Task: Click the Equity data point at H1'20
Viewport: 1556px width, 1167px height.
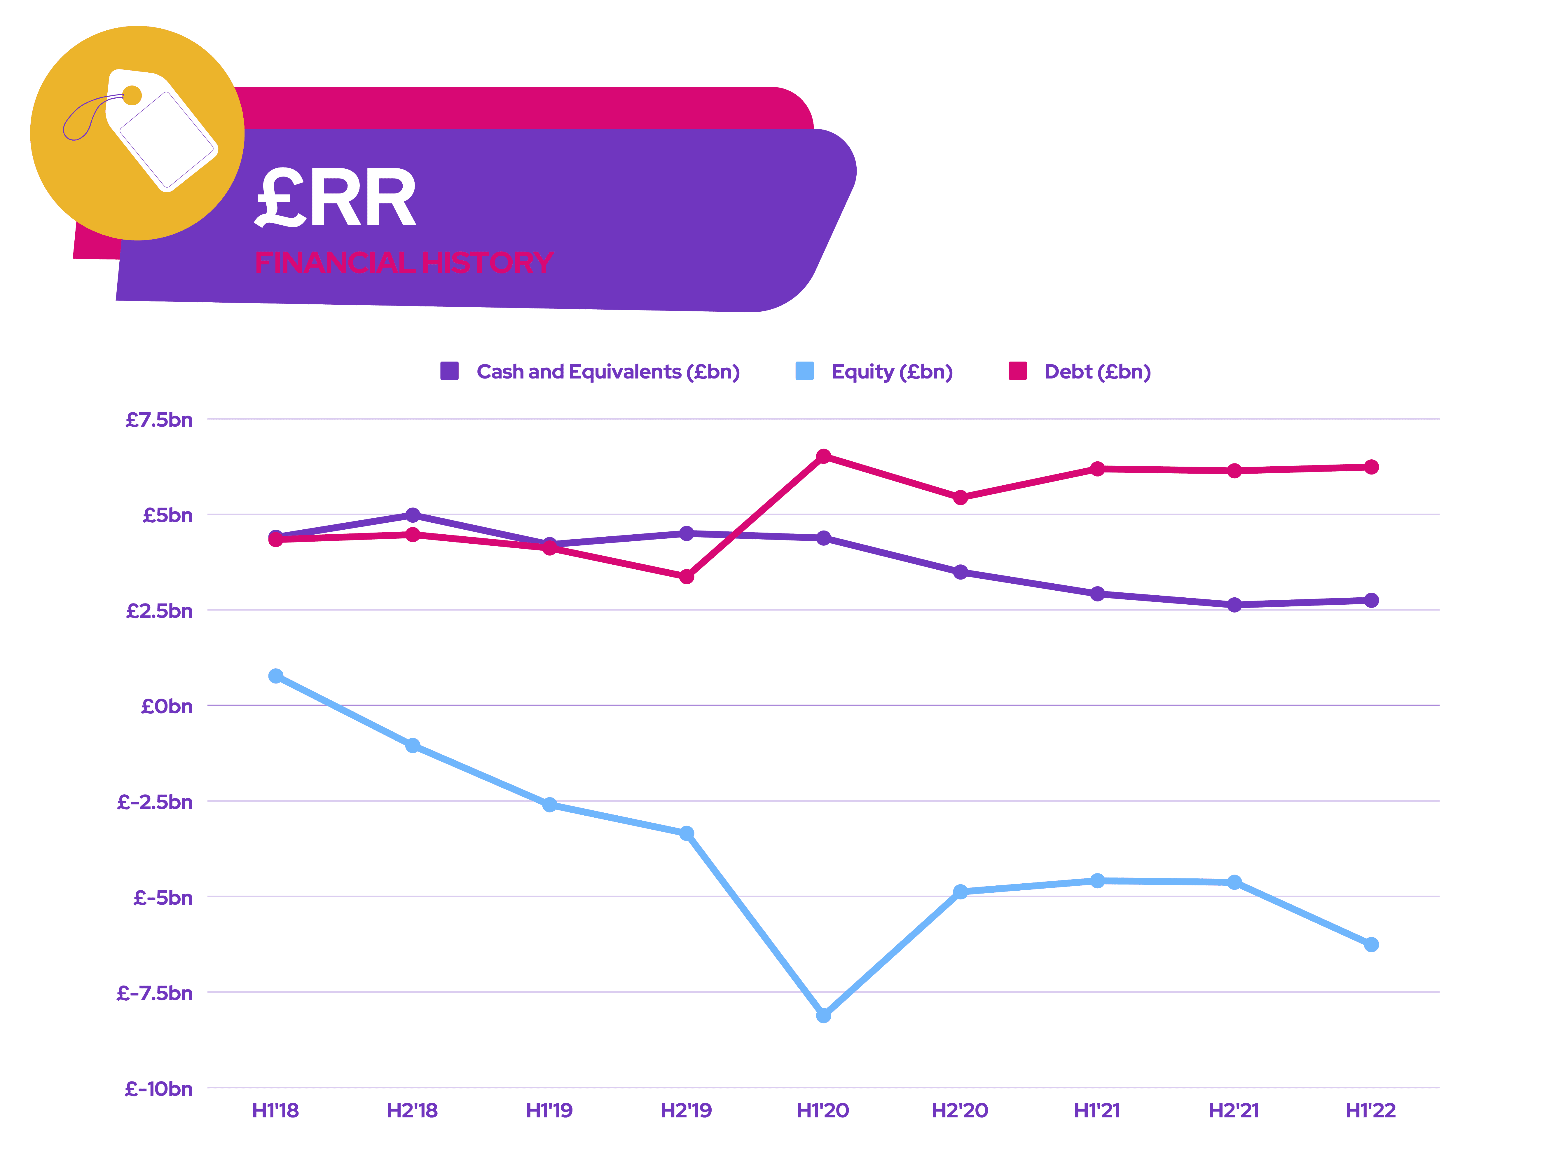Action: point(823,1015)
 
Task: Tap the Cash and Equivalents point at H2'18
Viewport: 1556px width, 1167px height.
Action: point(413,515)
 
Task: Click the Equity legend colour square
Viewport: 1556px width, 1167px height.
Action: point(804,371)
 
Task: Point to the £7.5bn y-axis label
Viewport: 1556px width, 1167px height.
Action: point(159,420)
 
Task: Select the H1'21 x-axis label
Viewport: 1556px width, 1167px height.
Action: point(1097,1111)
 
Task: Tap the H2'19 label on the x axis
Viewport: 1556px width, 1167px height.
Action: point(686,1111)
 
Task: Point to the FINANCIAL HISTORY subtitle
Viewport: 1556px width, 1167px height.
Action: point(404,262)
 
